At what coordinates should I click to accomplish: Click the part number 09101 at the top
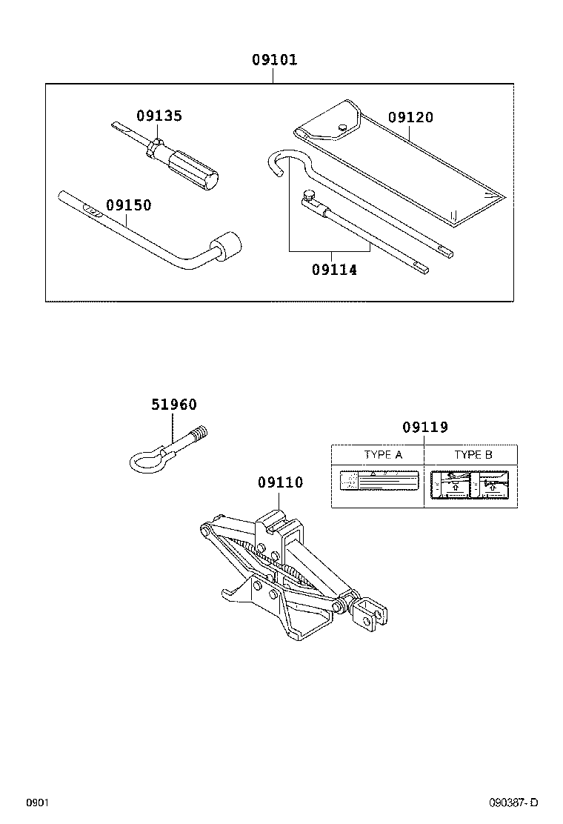(x=273, y=60)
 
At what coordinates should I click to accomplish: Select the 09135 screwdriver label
(x=159, y=116)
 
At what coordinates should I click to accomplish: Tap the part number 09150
(x=128, y=205)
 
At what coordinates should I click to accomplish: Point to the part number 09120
(x=410, y=117)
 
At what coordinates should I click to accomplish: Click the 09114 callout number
(x=334, y=270)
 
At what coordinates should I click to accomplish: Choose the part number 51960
(x=174, y=405)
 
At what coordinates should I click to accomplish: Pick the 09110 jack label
(x=280, y=482)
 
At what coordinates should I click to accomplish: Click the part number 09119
(x=425, y=428)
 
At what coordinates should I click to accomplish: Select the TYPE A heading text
(x=383, y=455)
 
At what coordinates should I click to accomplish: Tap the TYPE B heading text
(x=473, y=455)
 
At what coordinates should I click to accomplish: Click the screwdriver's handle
(x=191, y=166)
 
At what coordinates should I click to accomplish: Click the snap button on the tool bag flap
(x=342, y=127)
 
